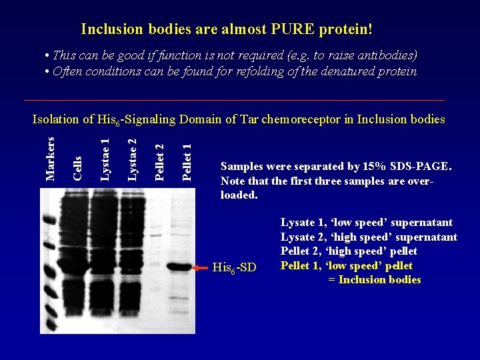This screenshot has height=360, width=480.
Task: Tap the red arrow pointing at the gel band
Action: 201,267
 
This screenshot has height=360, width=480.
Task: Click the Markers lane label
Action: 49,158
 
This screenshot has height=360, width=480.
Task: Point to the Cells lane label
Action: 77,167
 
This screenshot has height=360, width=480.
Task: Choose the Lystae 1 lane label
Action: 105,159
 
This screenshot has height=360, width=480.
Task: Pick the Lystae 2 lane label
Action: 132,159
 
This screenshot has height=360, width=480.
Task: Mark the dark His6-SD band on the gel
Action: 179,267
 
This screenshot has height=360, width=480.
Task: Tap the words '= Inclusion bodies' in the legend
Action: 375,280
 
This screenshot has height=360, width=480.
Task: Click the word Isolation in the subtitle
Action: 56,120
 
